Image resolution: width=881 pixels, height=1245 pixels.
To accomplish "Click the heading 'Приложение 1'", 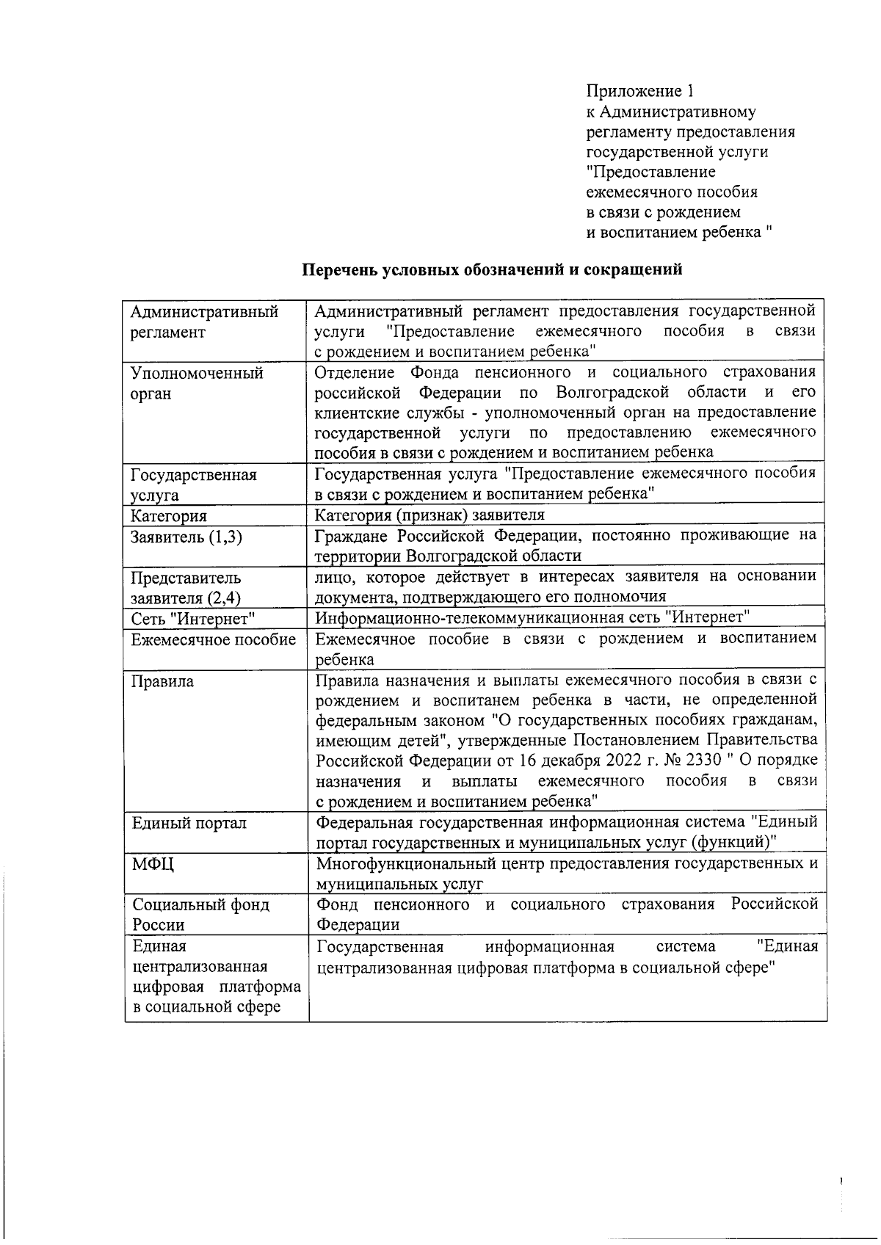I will [x=640, y=91].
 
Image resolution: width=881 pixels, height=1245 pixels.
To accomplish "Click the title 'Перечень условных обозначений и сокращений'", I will [x=493, y=269].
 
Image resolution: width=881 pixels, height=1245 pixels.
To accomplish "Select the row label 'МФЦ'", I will [x=153, y=864].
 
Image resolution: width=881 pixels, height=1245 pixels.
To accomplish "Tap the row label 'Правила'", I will [x=162, y=681].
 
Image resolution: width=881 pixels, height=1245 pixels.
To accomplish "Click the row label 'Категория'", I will [x=169, y=516].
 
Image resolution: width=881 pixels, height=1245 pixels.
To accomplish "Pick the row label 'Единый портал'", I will [x=189, y=823].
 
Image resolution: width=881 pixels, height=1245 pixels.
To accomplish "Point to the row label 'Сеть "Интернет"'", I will [x=193, y=619].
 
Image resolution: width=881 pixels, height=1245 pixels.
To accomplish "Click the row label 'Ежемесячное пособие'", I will [x=214, y=639].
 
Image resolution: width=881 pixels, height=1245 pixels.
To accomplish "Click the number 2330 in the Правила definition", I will [x=703, y=760].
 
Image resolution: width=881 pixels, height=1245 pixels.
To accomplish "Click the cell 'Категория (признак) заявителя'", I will [x=430, y=515].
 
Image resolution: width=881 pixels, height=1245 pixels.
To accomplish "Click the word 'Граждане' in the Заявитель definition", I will [x=350, y=534].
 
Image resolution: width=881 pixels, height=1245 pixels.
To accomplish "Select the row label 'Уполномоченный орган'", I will [x=197, y=383].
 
